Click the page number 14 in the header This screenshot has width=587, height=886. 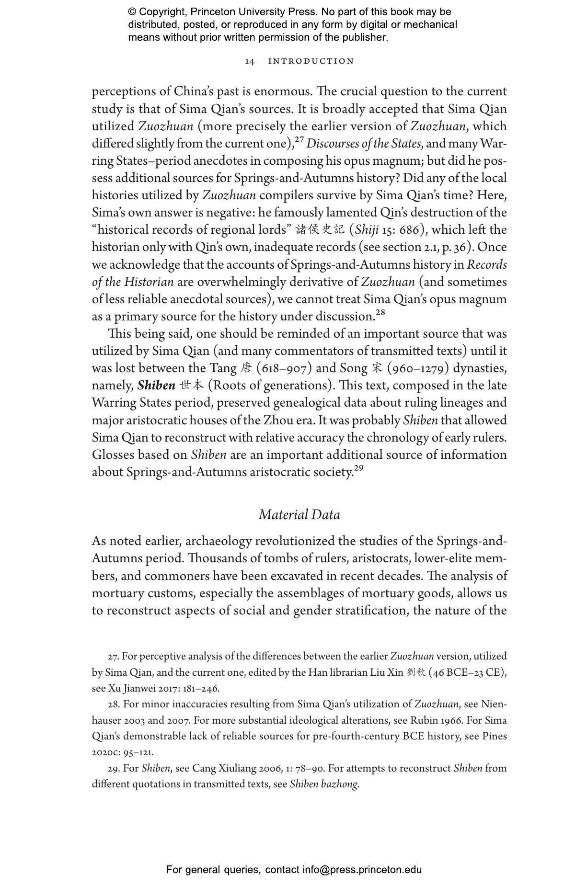tap(250, 61)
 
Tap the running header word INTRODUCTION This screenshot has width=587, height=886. tap(311, 61)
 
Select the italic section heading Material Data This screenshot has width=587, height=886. tap(299, 515)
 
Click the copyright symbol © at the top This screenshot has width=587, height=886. tap(132, 12)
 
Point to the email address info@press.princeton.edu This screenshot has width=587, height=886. tap(362, 870)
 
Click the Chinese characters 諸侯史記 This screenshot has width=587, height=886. tap(320, 230)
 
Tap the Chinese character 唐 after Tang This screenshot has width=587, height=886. tap(246, 368)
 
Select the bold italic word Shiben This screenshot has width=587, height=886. tap(156, 386)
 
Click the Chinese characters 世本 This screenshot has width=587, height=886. tap(192, 386)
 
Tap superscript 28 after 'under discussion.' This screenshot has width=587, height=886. tap(380, 313)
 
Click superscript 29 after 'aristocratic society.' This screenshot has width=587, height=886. tap(358, 469)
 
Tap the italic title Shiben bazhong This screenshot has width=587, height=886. tap(324, 784)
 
